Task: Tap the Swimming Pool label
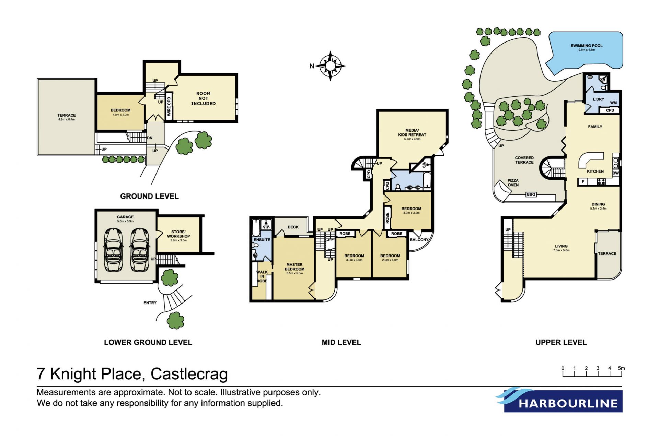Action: (586, 46)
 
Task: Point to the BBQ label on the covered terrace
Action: (531, 194)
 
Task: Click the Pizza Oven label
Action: (513, 183)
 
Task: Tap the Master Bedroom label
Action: (294, 267)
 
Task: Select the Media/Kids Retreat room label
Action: (412, 133)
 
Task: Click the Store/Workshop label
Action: (178, 234)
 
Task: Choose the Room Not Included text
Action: (204, 98)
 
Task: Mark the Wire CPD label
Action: (169, 106)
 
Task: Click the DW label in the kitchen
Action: (616, 173)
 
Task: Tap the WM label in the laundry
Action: (613, 103)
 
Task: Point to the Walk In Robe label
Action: (262, 276)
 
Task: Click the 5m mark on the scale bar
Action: (622, 368)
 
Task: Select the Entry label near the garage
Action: (150, 303)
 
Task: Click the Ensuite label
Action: (262, 240)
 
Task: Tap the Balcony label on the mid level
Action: (419, 240)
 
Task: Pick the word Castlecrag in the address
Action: (189, 374)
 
